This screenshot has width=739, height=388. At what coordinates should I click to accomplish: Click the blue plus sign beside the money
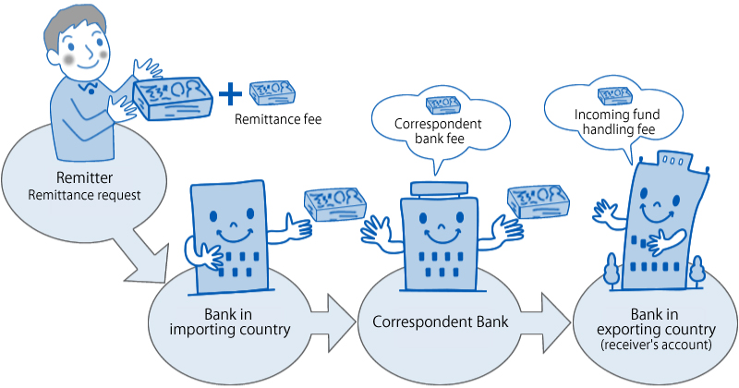coord(229,93)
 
